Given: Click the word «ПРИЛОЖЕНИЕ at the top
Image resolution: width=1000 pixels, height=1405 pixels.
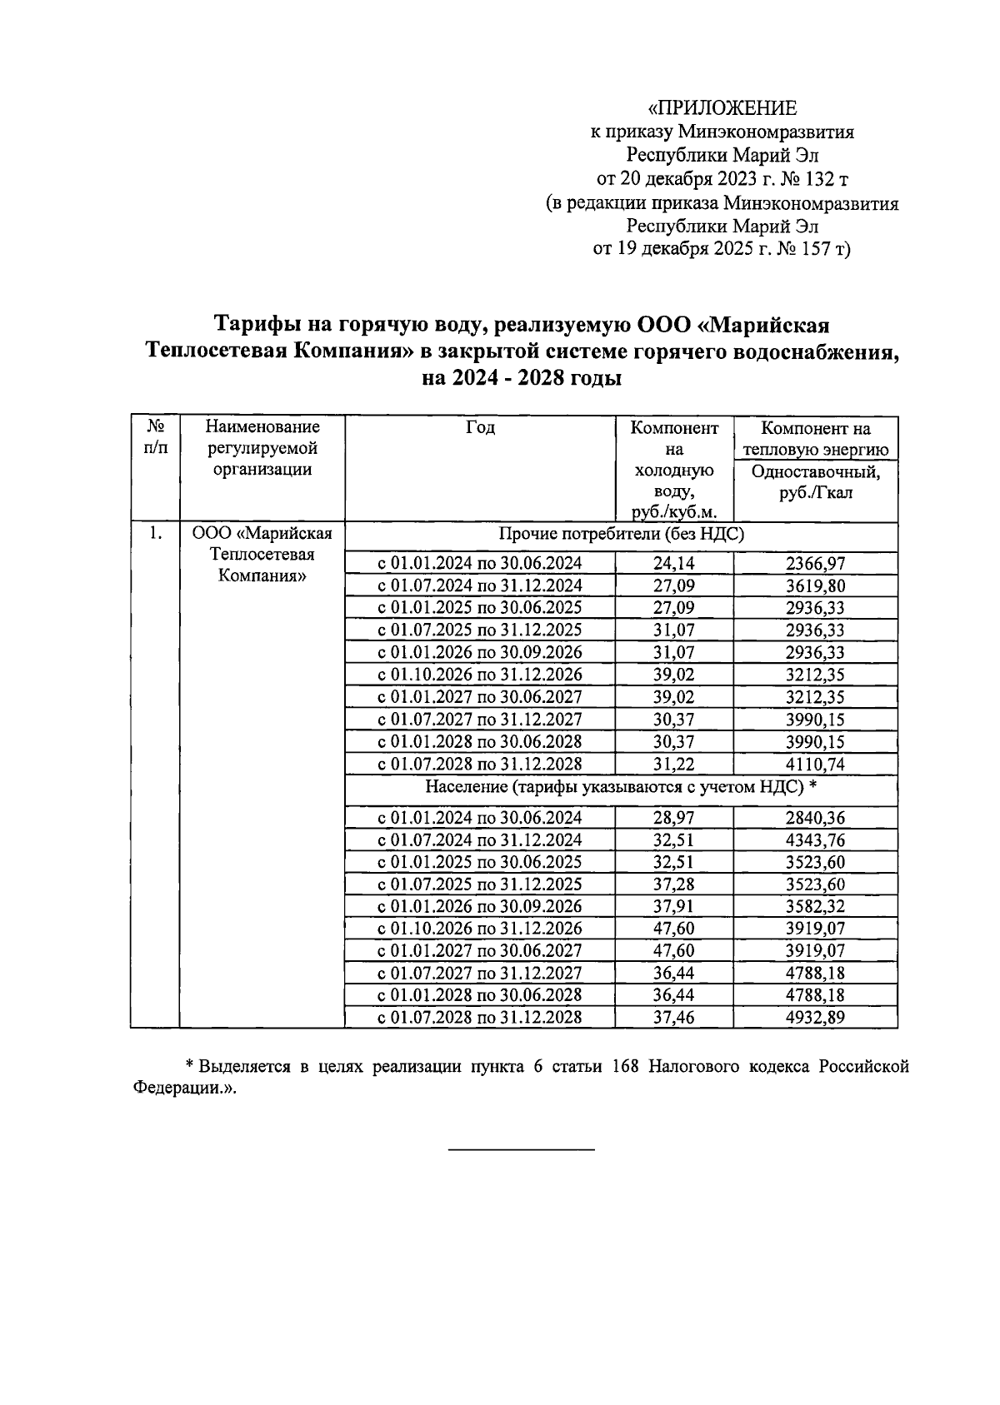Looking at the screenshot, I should [x=722, y=108].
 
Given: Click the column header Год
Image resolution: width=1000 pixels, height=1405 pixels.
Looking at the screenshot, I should [x=480, y=428].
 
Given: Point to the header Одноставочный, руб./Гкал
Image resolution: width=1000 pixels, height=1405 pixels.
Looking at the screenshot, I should [x=816, y=482].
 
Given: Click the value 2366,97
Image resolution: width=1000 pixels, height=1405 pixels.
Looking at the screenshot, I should [x=815, y=564].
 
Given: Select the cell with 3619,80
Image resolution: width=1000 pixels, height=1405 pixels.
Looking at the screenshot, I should [x=815, y=586].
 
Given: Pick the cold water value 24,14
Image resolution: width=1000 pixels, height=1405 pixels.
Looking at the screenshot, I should [x=673, y=564].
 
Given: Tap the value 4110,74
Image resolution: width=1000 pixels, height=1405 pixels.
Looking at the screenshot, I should [x=815, y=765].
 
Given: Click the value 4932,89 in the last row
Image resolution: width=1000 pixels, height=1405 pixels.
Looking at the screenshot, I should [x=815, y=1018].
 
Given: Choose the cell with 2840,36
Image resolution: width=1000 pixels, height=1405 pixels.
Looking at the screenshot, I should [x=815, y=818].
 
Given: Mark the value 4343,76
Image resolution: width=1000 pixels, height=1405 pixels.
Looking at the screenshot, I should [x=815, y=840].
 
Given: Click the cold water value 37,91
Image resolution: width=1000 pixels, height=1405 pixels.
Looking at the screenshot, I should [x=673, y=906].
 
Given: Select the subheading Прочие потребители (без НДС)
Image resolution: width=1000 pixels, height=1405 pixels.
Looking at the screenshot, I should [x=621, y=535].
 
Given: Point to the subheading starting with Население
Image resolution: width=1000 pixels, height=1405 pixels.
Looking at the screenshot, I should [x=621, y=787].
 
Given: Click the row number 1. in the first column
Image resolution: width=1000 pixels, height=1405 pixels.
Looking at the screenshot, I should [x=155, y=534].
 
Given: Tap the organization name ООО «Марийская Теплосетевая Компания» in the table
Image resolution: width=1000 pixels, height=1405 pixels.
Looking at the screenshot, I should [x=262, y=555].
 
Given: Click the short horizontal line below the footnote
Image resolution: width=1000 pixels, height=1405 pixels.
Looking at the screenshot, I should [x=522, y=1151].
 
